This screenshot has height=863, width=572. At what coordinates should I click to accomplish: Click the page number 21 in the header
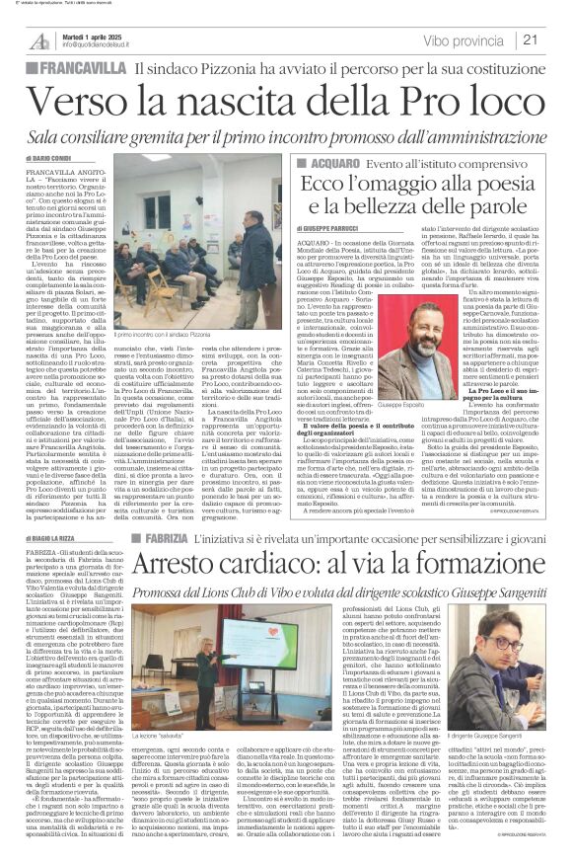(554, 39)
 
